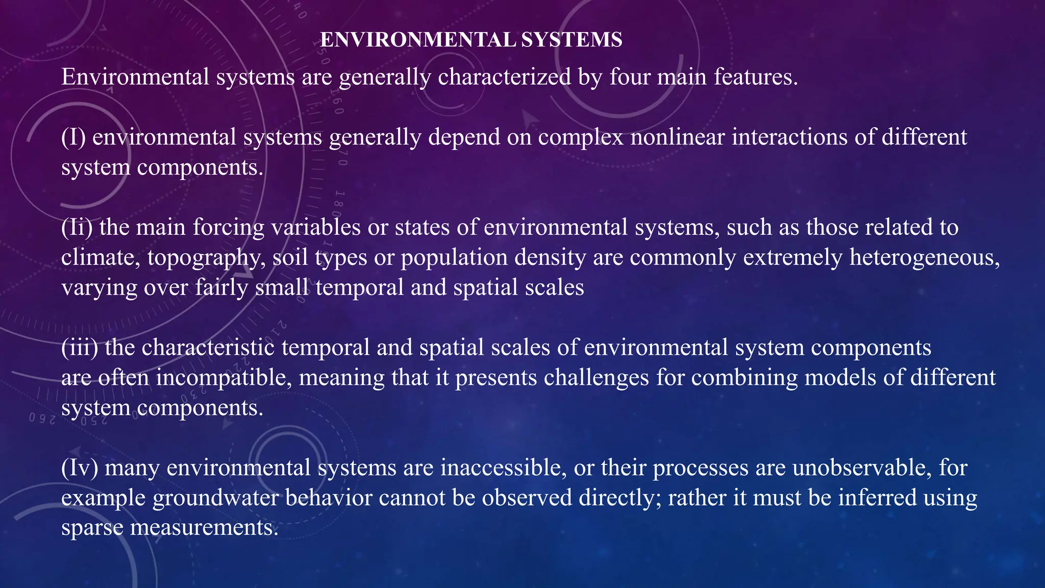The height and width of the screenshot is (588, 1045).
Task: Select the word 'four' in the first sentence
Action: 629,77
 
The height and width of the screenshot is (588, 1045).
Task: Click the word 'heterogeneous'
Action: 924,257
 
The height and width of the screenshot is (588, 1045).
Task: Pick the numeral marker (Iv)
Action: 80,468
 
